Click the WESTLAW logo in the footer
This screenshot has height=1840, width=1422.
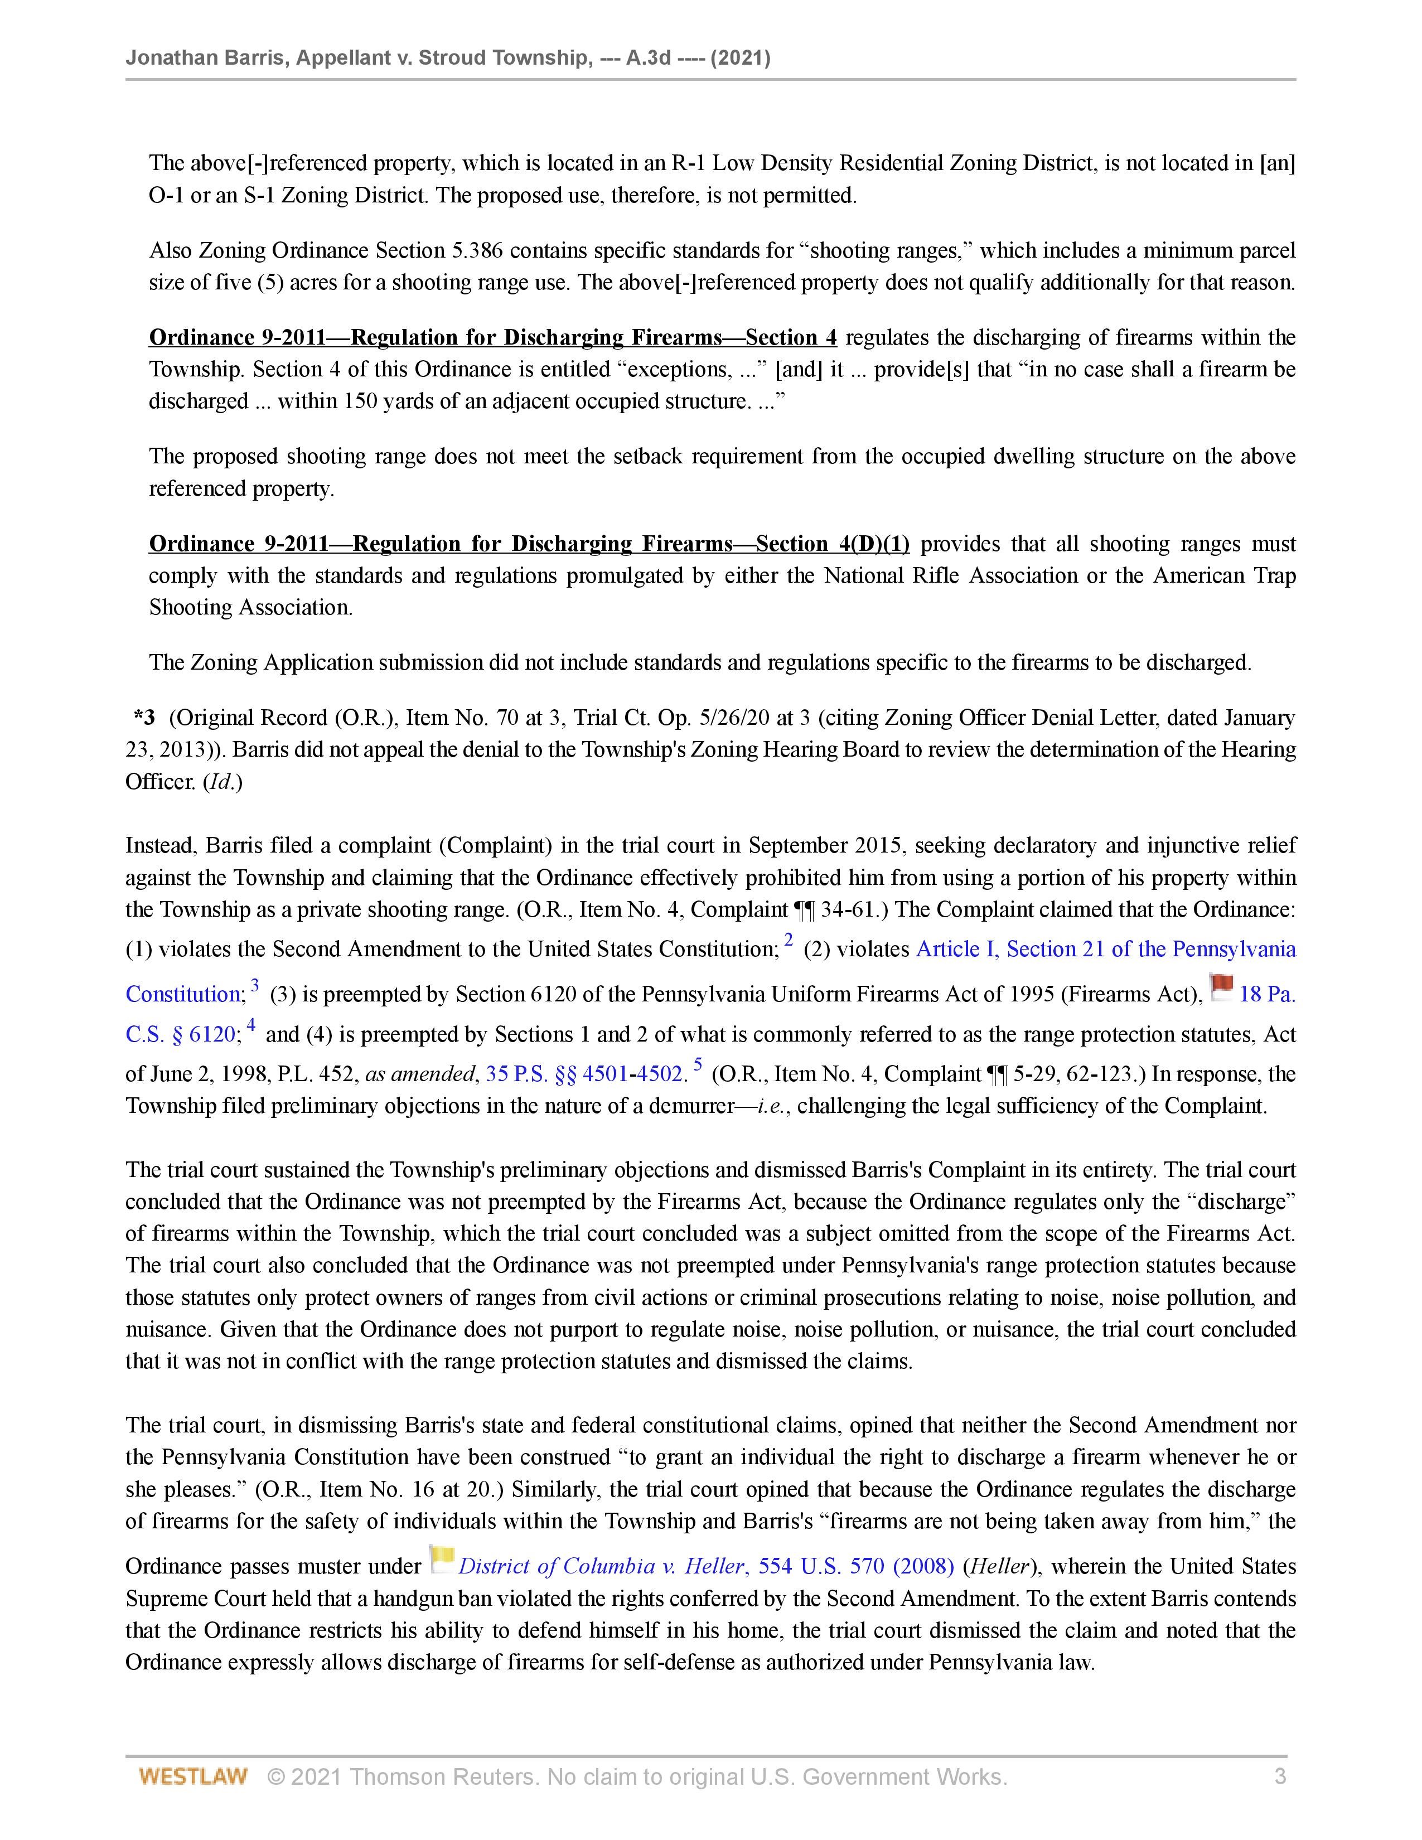(x=193, y=1777)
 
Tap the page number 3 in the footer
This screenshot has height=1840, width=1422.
(x=1280, y=1777)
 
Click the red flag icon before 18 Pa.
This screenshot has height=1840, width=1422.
(x=1221, y=986)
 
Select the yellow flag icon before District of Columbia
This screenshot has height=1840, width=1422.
(x=442, y=1558)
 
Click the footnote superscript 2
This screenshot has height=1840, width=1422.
(x=789, y=940)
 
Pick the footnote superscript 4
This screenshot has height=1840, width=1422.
(x=250, y=1025)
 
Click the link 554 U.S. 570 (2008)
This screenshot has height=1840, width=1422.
(x=856, y=1566)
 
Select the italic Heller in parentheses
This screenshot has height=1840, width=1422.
(x=998, y=1566)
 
